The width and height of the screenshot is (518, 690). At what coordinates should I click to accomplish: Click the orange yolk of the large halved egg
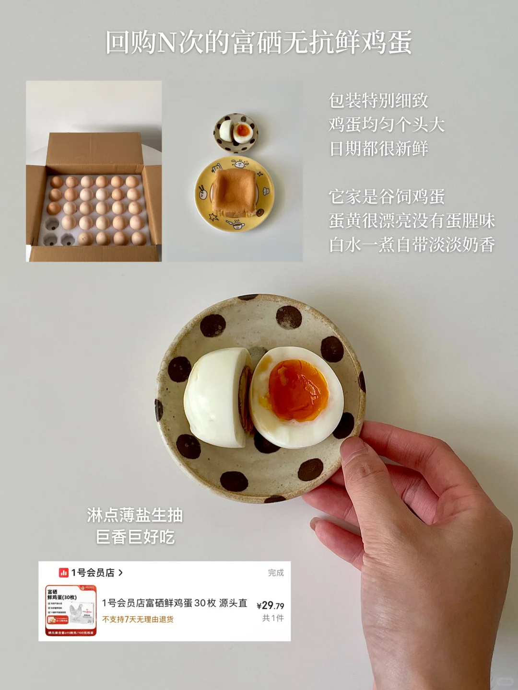pos(298,390)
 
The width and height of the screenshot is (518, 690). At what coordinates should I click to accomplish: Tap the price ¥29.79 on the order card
pos(270,606)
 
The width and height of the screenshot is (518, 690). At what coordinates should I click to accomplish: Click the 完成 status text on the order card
pos(276,573)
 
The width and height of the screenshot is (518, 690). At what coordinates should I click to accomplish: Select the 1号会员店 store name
pos(93,573)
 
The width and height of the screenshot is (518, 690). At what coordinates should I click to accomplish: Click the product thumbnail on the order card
pos(71,610)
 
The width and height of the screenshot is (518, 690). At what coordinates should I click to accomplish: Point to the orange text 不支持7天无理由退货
pos(138,619)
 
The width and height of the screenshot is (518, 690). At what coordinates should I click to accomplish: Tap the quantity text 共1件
pos(273,618)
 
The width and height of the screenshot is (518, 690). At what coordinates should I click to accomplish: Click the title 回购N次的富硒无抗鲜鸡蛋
pos(259,42)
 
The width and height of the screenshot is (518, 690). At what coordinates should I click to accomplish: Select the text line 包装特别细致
pos(378,101)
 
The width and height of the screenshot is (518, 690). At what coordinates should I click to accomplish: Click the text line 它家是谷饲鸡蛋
pos(387,196)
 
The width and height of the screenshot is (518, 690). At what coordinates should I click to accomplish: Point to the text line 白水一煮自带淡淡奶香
pos(412,245)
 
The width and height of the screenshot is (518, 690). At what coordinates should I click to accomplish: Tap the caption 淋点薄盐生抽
pos(135,515)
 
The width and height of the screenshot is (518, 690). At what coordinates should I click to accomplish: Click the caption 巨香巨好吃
pos(135,537)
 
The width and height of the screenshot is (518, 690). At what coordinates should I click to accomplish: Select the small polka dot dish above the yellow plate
pos(235,133)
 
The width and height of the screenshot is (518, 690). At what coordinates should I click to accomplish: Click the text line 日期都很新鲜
pos(378,149)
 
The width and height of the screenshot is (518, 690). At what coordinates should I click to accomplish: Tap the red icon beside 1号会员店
pos(64,573)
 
